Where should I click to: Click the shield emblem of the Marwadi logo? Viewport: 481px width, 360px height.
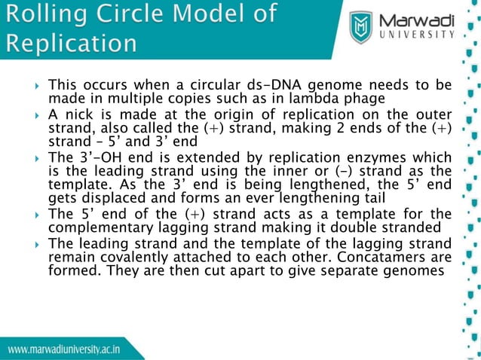tap(362, 27)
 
